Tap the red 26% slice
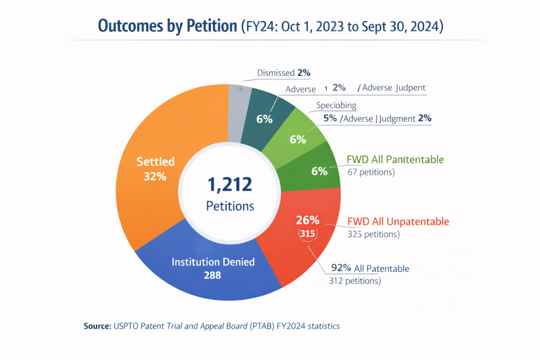click(x=306, y=237)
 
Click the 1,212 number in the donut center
click(x=230, y=184)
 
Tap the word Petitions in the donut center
click(x=230, y=206)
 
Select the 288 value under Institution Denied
click(x=213, y=275)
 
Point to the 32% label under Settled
click(x=155, y=177)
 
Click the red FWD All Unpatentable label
click(x=398, y=221)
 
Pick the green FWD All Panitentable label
click(x=395, y=159)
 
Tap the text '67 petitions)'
click(x=371, y=172)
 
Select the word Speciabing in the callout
click(x=336, y=105)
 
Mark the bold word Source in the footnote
click(x=97, y=326)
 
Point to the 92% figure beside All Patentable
click(x=340, y=269)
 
